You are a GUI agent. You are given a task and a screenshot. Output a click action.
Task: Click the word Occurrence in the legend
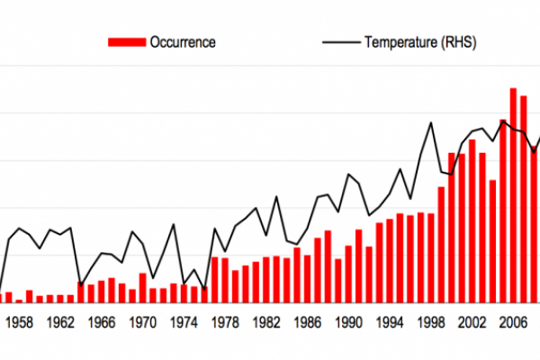pos(183,41)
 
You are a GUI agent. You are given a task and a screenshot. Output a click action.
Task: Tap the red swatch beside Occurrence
pos(126,41)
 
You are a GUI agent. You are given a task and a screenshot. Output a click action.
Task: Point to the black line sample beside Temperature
pos(337,41)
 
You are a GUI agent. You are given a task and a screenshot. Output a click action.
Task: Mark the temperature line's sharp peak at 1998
pos(431,123)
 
